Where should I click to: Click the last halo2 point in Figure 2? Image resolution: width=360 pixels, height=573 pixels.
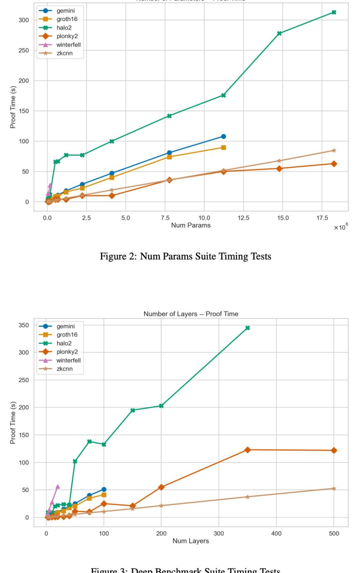334,12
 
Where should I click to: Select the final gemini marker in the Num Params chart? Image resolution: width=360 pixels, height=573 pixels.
223,136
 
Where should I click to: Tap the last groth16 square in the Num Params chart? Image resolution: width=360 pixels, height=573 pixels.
223,147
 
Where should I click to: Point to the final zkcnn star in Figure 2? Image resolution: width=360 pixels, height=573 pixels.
334,150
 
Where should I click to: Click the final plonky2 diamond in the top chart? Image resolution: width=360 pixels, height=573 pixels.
334,164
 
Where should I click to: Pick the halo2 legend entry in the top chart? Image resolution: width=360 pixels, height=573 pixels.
64,28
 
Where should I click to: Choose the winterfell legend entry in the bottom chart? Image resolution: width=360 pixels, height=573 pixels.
68,360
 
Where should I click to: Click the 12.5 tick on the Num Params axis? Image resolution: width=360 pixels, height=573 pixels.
243,218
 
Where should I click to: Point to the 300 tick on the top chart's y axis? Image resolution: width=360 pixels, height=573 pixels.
24,20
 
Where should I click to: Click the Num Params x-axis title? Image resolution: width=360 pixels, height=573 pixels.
191,225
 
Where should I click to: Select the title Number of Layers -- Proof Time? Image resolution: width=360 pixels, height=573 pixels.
191,314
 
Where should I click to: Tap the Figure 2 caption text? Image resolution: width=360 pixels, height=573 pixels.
185,256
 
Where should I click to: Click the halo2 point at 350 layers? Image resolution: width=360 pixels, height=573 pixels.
247,328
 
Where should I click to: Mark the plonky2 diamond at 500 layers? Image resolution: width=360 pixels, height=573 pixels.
334,450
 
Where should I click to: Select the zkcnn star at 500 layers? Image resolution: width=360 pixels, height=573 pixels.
334,489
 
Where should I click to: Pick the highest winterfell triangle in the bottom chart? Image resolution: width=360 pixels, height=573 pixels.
57,487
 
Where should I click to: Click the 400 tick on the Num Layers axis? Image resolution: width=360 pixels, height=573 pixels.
276,533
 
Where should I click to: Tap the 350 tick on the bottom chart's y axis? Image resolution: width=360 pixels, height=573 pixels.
24,325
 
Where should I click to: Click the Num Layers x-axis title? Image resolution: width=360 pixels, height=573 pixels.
191,541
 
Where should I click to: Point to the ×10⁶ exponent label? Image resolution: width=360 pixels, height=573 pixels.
341,227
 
